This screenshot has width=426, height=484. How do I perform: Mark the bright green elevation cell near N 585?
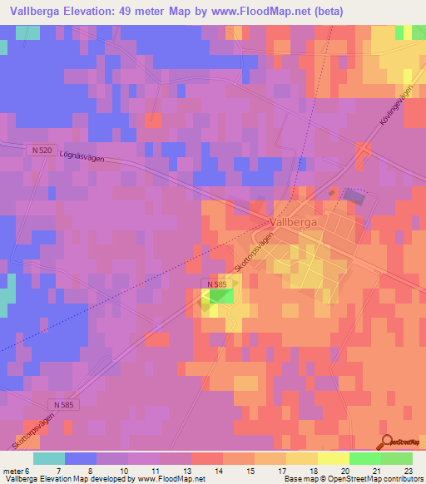click(x=220, y=296)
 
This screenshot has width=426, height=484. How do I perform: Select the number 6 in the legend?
click(x=28, y=470)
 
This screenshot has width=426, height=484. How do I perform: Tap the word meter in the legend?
click(x=12, y=470)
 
